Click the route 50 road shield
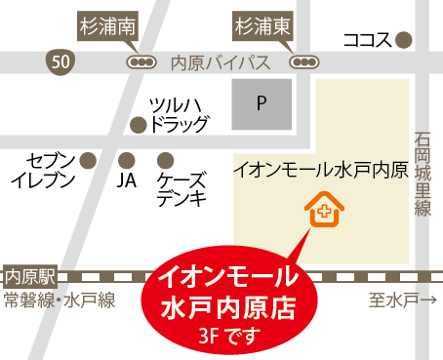point(60,61)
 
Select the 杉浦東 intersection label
point(258,24)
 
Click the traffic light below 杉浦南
point(141,61)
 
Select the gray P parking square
point(261,102)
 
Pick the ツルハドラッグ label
point(178,114)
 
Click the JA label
point(125,180)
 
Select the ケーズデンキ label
point(181,189)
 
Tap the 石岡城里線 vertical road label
point(423,176)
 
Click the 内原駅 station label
point(27,275)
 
